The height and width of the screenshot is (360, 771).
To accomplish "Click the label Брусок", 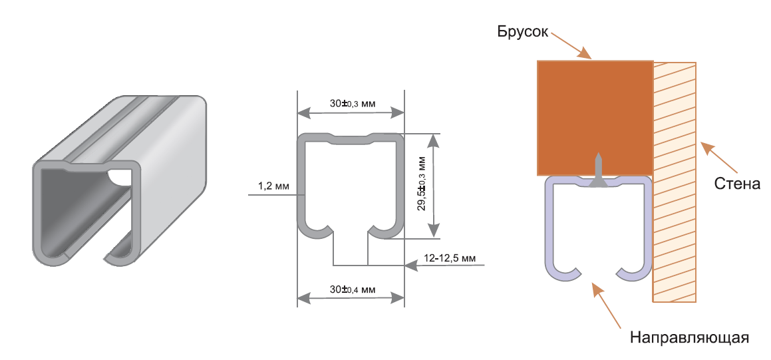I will [x=521, y=32].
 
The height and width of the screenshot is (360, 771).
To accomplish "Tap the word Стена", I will [x=737, y=183].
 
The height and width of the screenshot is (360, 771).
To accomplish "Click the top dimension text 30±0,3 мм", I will [x=353, y=104].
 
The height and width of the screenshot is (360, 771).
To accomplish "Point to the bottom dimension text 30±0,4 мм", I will [x=353, y=289].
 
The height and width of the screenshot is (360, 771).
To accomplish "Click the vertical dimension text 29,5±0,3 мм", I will [x=422, y=184].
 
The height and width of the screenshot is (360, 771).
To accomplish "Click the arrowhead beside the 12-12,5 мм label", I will [x=412, y=265].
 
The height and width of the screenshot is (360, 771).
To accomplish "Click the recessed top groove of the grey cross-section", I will [x=351, y=140].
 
